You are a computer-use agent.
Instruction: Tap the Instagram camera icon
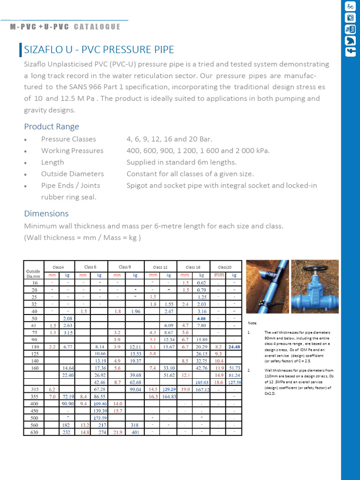coord(350,18)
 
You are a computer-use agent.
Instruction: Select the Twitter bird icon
coord(350,41)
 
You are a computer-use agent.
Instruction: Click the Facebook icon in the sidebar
coord(350,52)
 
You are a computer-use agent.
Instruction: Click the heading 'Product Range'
coord(52,127)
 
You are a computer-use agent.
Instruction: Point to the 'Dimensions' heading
coord(46,213)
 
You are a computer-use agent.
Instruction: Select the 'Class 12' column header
coord(160,267)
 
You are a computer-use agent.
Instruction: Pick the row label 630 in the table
coord(34,432)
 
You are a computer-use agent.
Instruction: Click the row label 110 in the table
coord(34,347)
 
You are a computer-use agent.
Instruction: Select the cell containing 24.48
coord(234,347)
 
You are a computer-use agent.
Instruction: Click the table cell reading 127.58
coord(234,382)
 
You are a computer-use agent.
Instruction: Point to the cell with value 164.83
coord(169,397)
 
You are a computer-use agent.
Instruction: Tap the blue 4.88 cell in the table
coord(202,318)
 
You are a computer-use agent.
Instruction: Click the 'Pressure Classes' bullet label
coord(68,139)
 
